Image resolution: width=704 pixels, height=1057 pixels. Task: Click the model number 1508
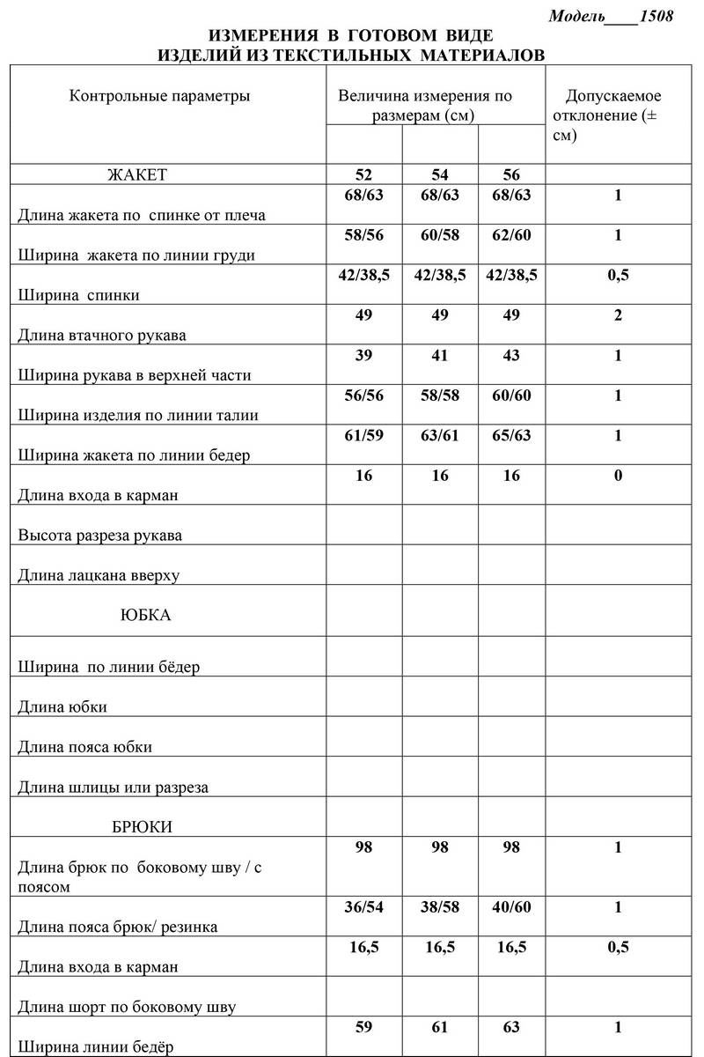coord(656,17)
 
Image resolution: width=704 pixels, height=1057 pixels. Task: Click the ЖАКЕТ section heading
coord(136,174)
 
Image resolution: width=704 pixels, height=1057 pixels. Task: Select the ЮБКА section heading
coord(145,616)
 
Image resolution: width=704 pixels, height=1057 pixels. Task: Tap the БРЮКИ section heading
coord(143,827)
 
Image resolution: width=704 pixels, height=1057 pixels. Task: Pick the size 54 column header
coord(440,174)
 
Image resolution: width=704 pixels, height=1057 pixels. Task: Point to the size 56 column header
coord(511,174)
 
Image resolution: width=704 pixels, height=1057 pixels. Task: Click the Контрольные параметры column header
coord(159,96)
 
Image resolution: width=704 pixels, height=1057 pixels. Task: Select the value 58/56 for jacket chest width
coord(364,235)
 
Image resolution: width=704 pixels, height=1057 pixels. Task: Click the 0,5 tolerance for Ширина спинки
coord(618,276)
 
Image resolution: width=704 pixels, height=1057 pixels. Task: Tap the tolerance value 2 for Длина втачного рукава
coord(618,315)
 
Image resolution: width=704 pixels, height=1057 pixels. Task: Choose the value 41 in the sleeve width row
coord(440,356)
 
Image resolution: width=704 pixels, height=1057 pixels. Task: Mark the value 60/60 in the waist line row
coord(511,395)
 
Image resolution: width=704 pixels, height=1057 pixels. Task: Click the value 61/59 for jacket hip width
coord(364,435)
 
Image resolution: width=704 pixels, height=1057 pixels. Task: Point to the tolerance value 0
coord(618,476)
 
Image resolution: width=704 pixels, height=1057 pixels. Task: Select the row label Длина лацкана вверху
coord(99,575)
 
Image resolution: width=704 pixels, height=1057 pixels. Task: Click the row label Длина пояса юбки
coord(85,747)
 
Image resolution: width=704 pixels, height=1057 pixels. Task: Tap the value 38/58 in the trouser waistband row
coord(440,907)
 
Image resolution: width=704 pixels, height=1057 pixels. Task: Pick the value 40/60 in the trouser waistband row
coord(511,907)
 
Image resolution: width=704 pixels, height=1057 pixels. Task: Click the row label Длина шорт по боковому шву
coord(127,1007)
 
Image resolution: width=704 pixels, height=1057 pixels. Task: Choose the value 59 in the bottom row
coord(364,1027)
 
